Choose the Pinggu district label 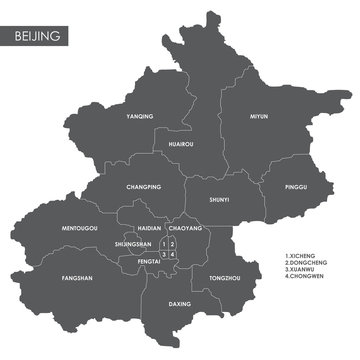pyautogui.click(x=296, y=184)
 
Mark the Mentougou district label pyautogui.click(x=80, y=228)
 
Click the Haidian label pyautogui.click(x=149, y=228)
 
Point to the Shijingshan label pyautogui.click(x=133, y=243)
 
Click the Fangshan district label pyautogui.click(x=77, y=278)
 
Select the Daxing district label pyautogui.click(x=180, y=302)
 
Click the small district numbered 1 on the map pyautogui.click(x=163, y=243)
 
